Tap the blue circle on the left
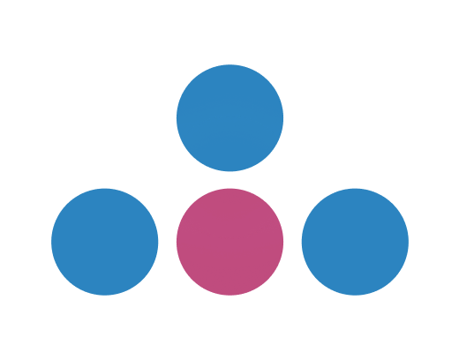point(104,242)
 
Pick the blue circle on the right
point(355,242)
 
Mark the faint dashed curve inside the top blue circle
point(229,116)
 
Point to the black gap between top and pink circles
point(229,179)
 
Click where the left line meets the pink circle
point(177,242)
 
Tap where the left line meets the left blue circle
point(158,242)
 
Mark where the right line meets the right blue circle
point(302,242)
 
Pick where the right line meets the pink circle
point(283,242)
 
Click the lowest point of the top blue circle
point(229,170)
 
